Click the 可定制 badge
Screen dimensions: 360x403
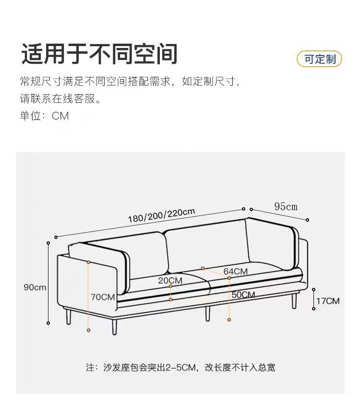click(319, 59)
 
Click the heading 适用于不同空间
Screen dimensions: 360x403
click(99, 54)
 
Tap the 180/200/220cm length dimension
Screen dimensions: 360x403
click(161, 215)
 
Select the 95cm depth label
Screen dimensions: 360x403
click(286, 207)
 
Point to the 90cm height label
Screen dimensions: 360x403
click(35, 287)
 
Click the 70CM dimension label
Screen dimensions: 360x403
click(103, 297)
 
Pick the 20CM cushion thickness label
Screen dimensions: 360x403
click(170, 280)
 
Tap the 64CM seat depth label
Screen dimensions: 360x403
click(235, 272)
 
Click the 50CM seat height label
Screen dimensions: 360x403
click(243, 295)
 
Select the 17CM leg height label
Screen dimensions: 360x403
click(327, 301)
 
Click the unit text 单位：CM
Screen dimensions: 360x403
click(44, 116)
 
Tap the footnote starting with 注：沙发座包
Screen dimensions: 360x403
click(180, 367)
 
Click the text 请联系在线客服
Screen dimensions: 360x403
click(60, 99)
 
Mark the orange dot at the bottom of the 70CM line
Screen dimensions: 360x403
click(89, 330)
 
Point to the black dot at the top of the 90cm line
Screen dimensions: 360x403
click(48, 243)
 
